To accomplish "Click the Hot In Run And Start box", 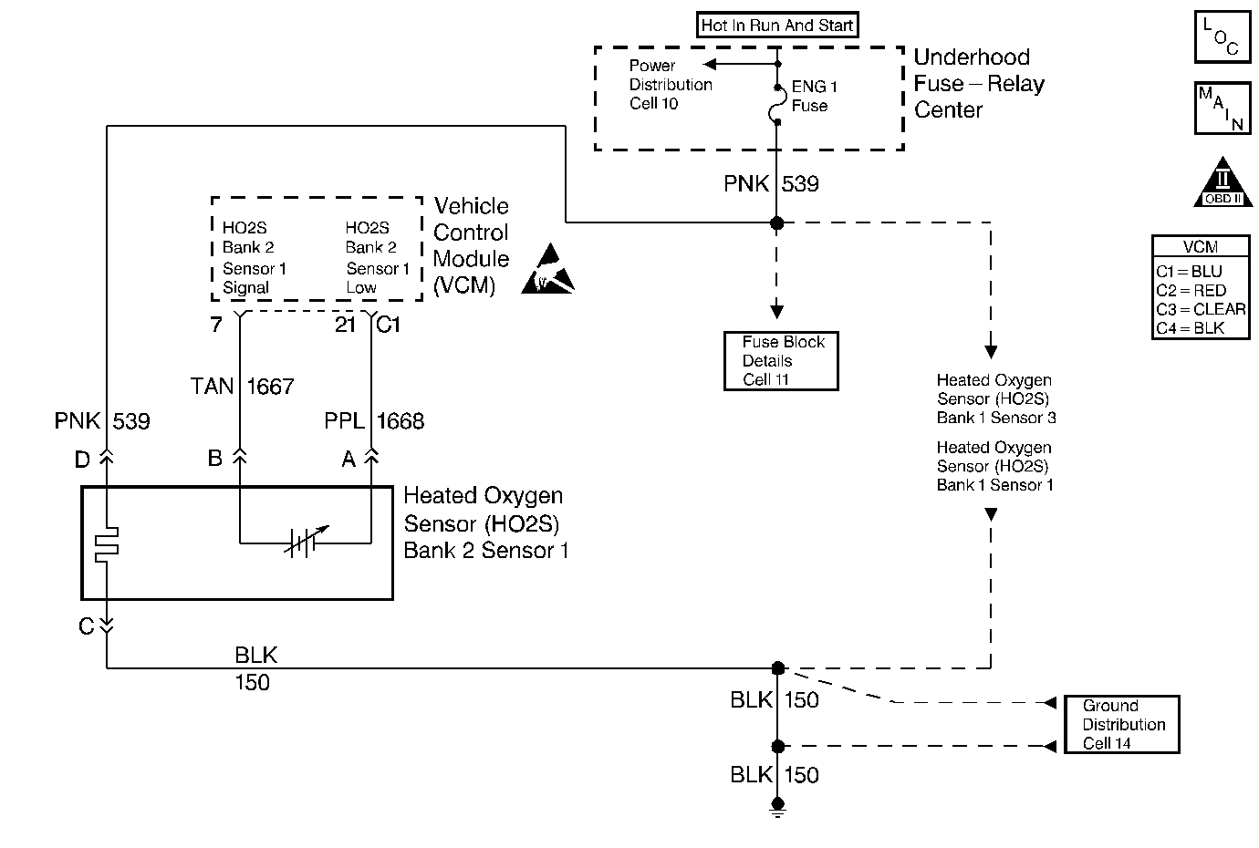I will [x=777, y=26].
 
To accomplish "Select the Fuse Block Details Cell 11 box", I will [x=781, y=361].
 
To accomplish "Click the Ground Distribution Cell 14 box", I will [x=1122, y=725].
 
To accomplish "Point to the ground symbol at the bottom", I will [x=777, y=806].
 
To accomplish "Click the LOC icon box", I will [x=1222, y=37].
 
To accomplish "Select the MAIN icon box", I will [x=1222, y=108].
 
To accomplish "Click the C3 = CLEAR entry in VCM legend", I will [x=1200, y=309].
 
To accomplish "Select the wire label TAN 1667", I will [x=242, y=387].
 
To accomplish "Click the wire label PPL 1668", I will [x=374, y=420].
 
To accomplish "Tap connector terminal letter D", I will [x=82, y=460].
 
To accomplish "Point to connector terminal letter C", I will [x=86, y=626].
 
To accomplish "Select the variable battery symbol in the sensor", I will [x=302, y=543].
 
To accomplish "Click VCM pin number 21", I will [x=345, y=325].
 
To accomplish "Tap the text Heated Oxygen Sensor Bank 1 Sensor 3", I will [x=995, y=399].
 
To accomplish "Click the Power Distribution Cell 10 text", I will [x=670, y=85].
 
